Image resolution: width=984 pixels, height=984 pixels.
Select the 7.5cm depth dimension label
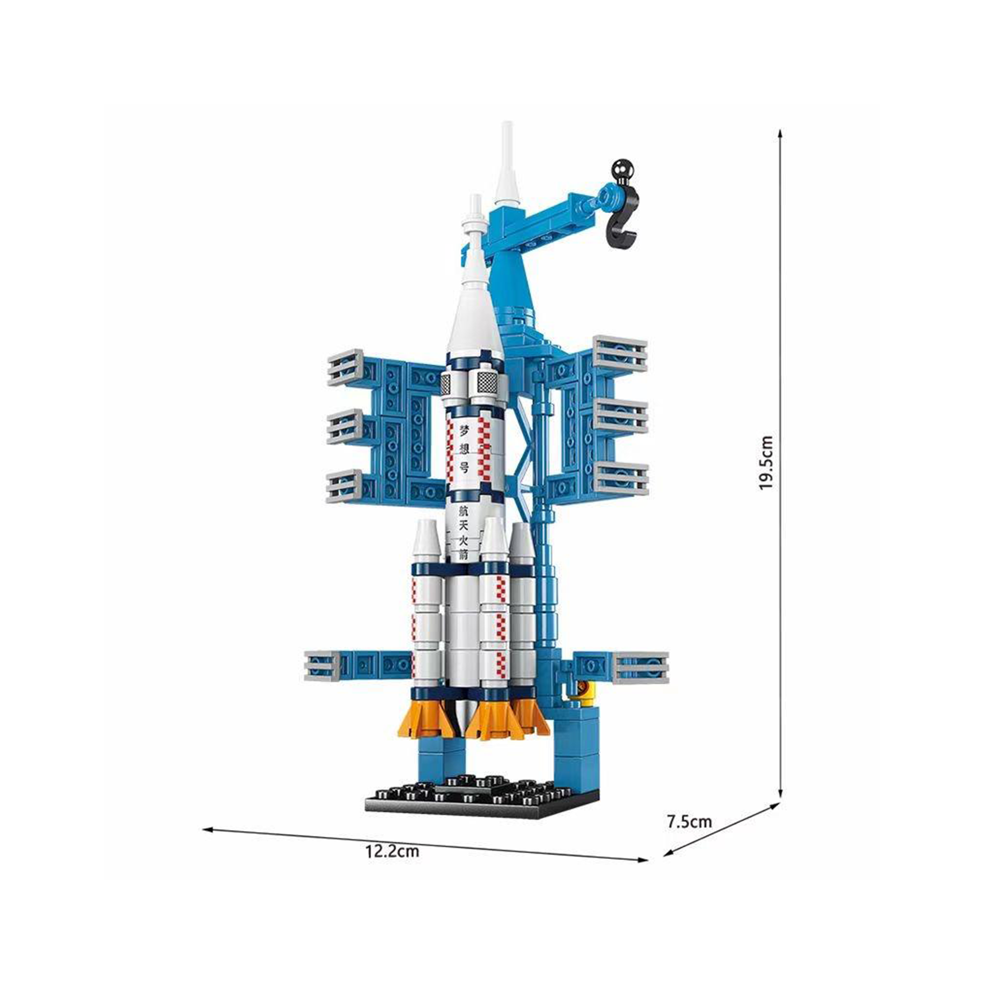click(689, 822)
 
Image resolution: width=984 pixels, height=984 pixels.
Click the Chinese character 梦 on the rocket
click(463, 430)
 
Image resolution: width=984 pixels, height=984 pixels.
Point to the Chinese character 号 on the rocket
click(463, 467)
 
